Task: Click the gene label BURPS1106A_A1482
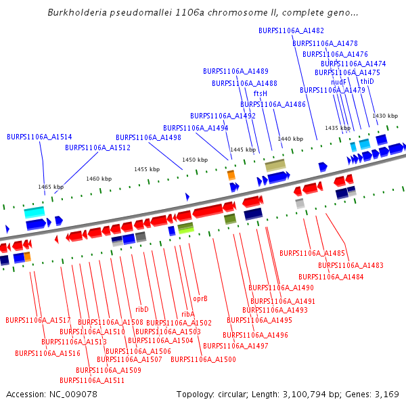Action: coord(291,30)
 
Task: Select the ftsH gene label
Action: coord(261,93)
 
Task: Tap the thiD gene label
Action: coord(367,81)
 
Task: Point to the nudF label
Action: coord(338,81)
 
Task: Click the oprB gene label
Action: coord(200,298)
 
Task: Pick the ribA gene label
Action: coord(187,314)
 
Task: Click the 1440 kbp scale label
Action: coord(290,139)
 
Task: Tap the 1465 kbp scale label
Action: coord(51,186)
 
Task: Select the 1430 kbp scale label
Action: coord(385,116)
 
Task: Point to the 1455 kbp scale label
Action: coord(147,169)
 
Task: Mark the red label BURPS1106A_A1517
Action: coord(38,320)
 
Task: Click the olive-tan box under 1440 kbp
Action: coord(275,165)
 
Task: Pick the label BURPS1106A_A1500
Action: coord(203,359)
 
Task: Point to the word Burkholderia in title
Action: coord(76,13)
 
